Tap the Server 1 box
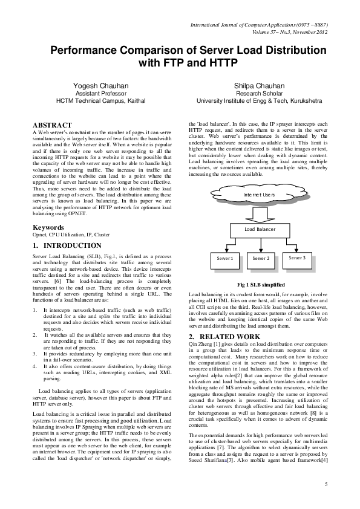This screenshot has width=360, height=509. tap(224, 259)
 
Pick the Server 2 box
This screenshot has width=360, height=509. tap(261, 259)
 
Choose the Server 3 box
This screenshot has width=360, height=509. tap(297, 258)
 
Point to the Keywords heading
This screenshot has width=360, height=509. tap(50, 227)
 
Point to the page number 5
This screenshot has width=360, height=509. tap(326, 484)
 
